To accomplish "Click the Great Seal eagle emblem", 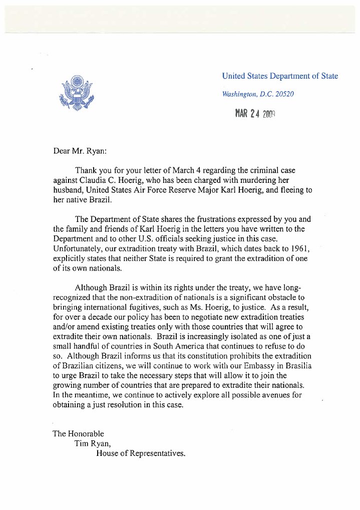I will pyautogui.click(x=76, y=94).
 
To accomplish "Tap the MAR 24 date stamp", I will pyautogui.click(x=255, y=114).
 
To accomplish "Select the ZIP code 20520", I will pyautogui.click(x=283, y=94).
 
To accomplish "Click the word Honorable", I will pyautogui.click(x=86, y=434).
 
